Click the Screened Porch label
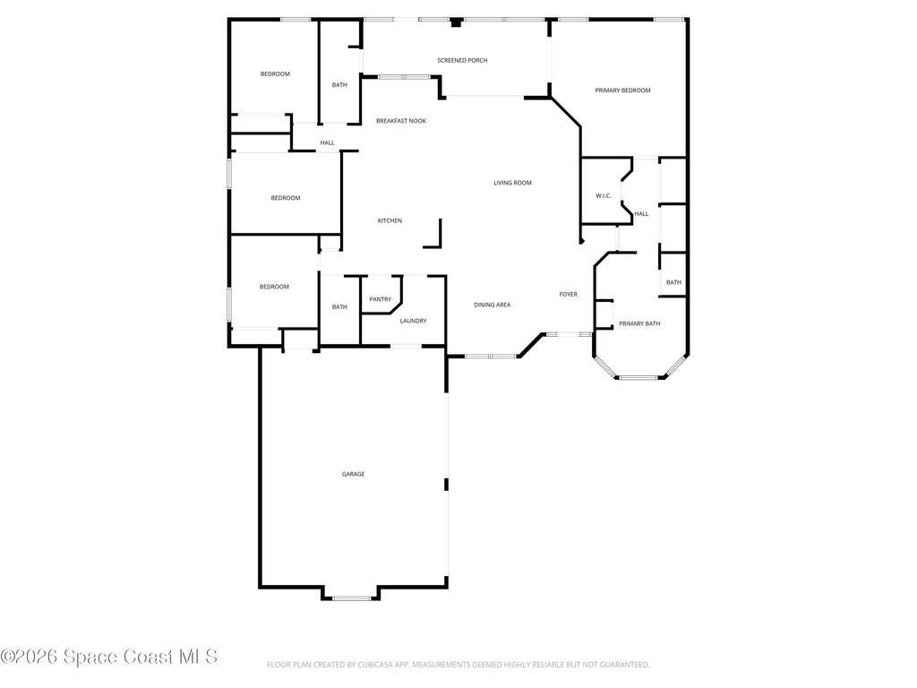pos(462,60)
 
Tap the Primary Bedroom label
pos(622,90)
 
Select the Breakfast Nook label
pos(400,121)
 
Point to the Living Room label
pos(512,183)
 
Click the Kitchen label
pos(390,220)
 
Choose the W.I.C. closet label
pos(603,195)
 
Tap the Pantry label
pos(380,299)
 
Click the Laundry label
pos(413,321)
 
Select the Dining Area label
pos(492,305)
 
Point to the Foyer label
pos(568,294)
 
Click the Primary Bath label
pos(639,322)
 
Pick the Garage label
pos(353,474)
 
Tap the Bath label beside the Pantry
pos(339,306)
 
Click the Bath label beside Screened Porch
pos(339,85)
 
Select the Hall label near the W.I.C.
pos(641,213)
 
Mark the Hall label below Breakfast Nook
pos(327,142)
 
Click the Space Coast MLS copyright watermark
pos(108,657)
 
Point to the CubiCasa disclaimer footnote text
pos(458,665)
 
